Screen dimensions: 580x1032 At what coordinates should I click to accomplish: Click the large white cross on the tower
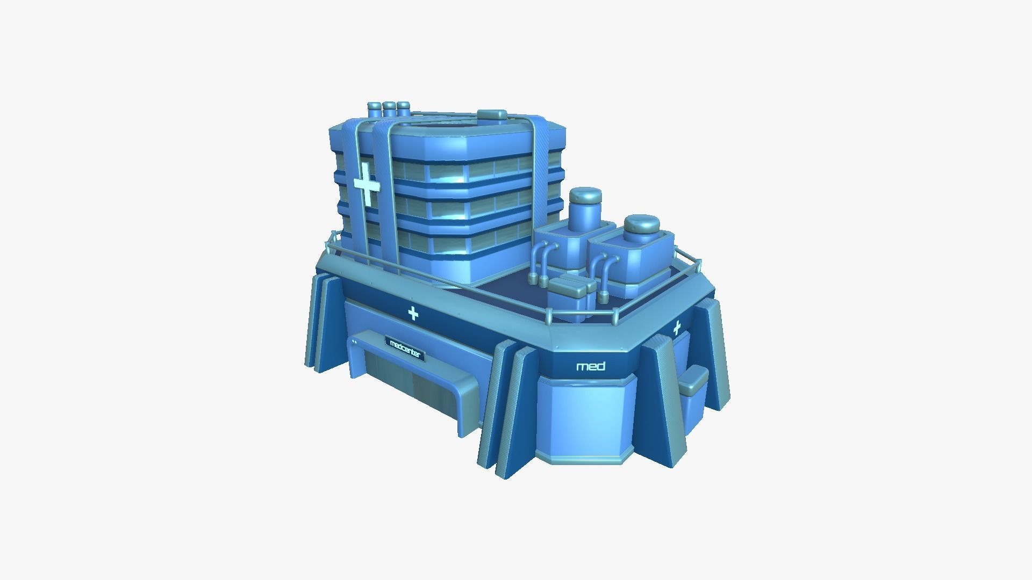click(x=367, y=184)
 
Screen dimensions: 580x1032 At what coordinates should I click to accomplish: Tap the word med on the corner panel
click(x=591, y=367)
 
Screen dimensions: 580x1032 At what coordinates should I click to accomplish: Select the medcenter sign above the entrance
click(x=405, y=349)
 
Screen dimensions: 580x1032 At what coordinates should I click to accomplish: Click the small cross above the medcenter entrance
click(x=413, y=313)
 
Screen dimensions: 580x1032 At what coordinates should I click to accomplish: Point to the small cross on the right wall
click(x=677, y=327)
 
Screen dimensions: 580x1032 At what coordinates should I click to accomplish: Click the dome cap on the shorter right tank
click(x=641, y=224)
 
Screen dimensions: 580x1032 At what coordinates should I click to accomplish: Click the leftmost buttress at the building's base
click(x=317, y=322)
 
